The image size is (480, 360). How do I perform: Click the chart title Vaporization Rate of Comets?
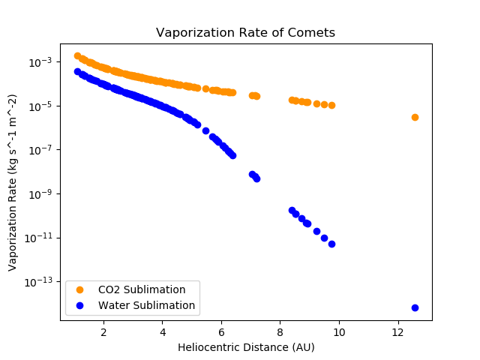tap(245, 33)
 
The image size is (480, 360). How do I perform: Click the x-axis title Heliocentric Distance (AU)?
tap(245, 347)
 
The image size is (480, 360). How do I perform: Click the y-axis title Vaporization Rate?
tap(13, 182)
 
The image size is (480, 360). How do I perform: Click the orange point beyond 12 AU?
tap(415, 117)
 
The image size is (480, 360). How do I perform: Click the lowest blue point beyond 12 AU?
tap(415, 307)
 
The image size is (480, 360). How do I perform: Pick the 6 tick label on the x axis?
tap(221, 331)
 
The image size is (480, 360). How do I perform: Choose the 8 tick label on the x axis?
tap(280, 331)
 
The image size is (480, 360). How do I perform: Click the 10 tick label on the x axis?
tap(339, 331)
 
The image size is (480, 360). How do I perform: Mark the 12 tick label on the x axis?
tap(398, 331)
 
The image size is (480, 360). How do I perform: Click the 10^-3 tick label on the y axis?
tap(42, 61)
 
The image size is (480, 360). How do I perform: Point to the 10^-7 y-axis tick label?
tap(42, 150)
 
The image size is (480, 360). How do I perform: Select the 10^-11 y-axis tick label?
tap(40, 238)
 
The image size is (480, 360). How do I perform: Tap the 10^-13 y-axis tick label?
tap(40, 282)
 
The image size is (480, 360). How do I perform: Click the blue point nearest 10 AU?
tap(331, 244)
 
